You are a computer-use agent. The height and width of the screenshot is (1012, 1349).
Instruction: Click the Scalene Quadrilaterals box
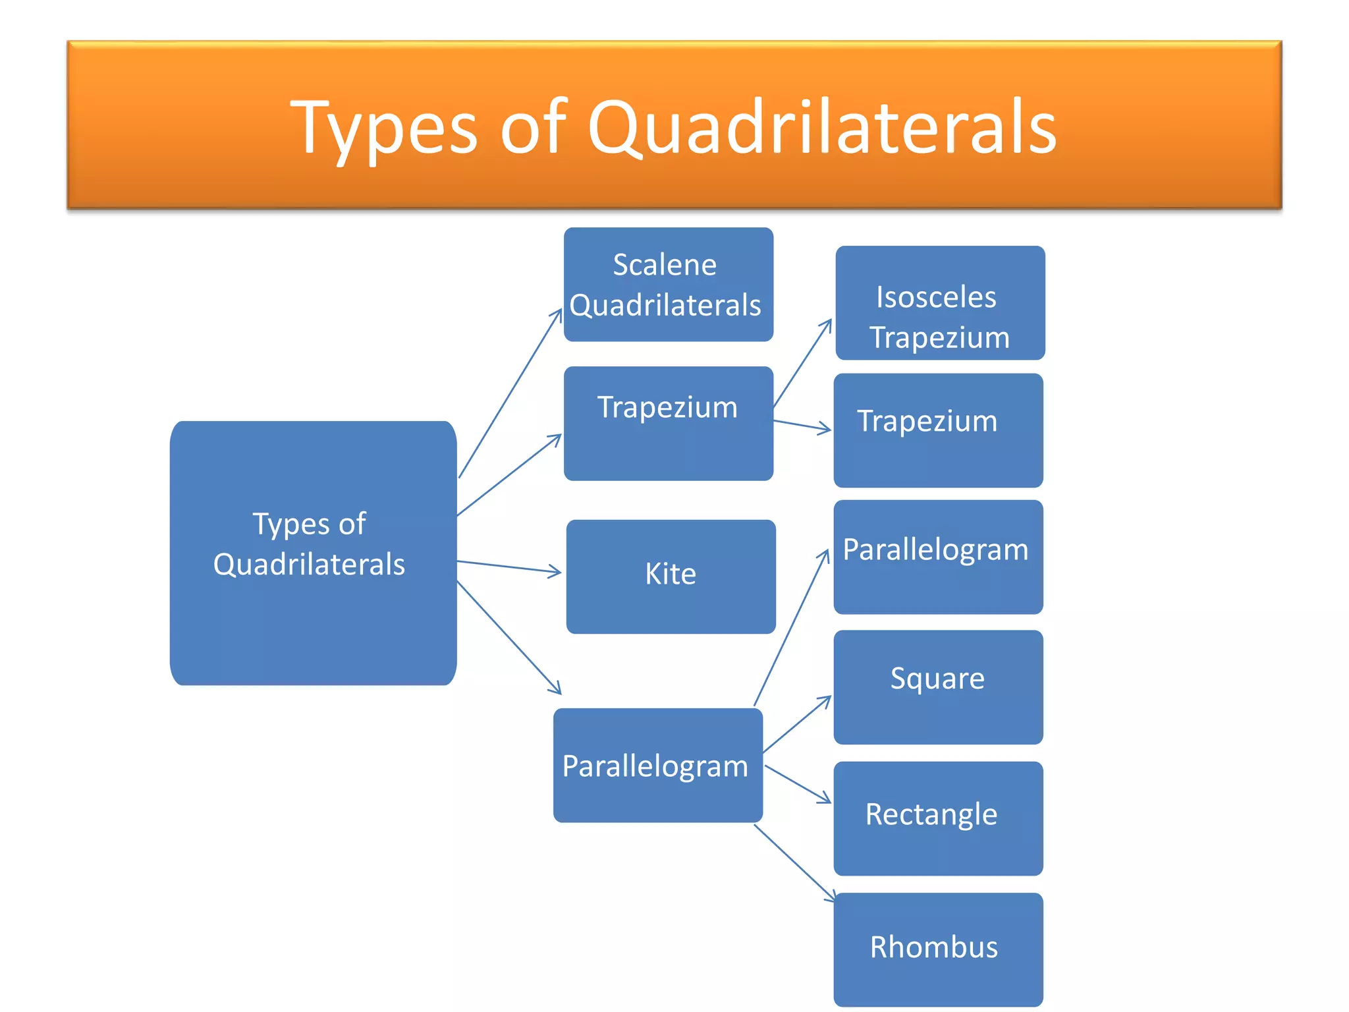coord(668,285)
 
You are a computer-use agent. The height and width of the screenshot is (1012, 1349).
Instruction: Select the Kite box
coord(671,576)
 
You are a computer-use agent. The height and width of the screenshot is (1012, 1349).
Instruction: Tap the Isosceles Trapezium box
coord(940,303)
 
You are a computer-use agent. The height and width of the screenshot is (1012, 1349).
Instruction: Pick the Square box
coord(938,687)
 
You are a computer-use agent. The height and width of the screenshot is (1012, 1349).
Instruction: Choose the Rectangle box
coord(938,818)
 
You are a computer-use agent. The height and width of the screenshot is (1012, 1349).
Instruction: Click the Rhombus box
coord(938,949)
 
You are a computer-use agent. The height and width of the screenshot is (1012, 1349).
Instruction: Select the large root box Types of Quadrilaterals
coord(313,553)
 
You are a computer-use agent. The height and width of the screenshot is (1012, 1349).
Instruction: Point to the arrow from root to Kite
coord(509,567)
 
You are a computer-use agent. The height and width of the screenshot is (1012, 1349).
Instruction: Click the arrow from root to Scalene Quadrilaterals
coord(510,393)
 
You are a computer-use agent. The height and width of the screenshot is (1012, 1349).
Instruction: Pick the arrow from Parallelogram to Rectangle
coord(798,784)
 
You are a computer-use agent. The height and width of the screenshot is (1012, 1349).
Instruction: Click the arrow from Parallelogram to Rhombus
coord(794,862)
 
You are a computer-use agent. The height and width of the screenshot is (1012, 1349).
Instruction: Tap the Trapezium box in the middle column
coord(668,424)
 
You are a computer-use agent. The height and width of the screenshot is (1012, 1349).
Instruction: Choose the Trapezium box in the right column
coord(938,430)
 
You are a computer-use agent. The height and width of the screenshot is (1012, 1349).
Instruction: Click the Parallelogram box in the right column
coord(938,557)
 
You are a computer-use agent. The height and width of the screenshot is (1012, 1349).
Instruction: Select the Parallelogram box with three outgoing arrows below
coord(657,766)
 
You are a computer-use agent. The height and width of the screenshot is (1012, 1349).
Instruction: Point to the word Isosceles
coord(936,297)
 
